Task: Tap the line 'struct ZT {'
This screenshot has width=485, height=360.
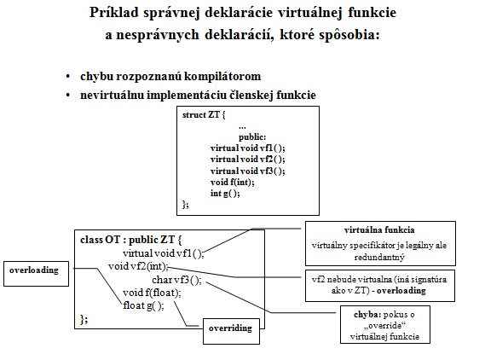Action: click(x=204, y=115)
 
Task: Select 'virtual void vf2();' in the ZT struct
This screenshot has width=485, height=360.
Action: click(x=247, y=160)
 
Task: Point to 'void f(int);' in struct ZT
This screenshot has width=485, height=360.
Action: click(x=233, y=182)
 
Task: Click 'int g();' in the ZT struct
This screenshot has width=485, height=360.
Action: click(x=225, y=194)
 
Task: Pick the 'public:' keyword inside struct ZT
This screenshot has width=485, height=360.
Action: click(x=252, y=136)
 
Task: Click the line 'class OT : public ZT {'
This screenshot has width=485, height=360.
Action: click(x=130, y=240)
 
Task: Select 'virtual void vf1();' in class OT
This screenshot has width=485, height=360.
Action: click(x=164, y=253)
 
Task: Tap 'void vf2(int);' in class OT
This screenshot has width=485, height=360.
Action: click(x=138, y=266)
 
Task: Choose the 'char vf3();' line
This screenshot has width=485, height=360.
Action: click(x=176, y=280)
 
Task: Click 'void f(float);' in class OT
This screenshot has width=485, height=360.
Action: click(x=152, y=293)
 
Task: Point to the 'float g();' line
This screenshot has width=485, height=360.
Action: click(x=143, y=306)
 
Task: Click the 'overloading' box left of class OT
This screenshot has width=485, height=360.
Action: click(x=36, y=274)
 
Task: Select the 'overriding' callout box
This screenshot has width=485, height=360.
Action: click(x=231, y=331)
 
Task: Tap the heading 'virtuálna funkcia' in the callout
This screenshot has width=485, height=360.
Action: click(x=379, y=230)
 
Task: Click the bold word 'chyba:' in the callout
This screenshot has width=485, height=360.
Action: click(x=367, y=315)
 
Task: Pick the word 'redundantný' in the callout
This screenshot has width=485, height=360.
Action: click(x=379, y=258)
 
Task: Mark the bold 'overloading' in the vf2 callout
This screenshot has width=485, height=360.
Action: click(x=401, y=291)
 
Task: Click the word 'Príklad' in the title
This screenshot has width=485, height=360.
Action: click(x=114, y=14)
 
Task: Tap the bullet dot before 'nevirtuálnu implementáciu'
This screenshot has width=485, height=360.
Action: click(x=68, y=96)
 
